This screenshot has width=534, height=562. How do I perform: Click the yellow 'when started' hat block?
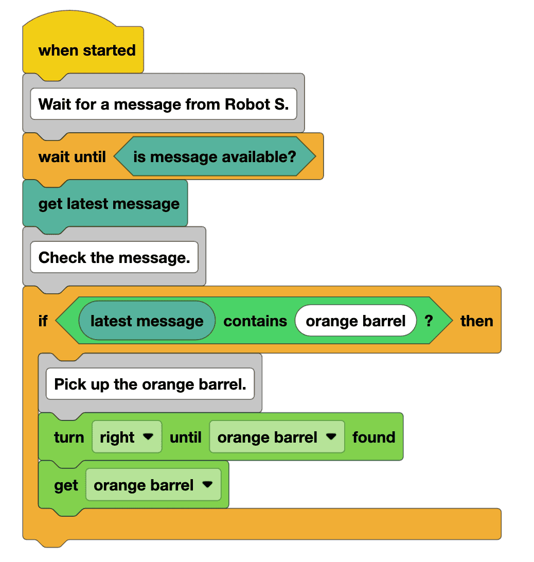(86, 50)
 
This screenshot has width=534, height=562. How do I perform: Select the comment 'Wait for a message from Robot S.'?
(163, 104)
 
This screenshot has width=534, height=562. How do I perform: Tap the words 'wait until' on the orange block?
(72, 156)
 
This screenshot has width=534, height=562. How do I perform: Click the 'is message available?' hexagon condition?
(214, 156)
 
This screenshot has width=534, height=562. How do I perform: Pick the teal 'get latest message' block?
(109, 204)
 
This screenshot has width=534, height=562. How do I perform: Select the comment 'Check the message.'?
(114, 257)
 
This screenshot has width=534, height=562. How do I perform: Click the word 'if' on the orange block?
(43, 321)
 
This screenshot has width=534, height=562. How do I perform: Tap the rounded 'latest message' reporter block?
(147, 321)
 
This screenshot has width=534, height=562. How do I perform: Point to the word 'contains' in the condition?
(255, 321)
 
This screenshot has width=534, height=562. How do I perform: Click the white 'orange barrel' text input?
(355, 321)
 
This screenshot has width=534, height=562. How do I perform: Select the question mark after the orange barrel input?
(429, 321)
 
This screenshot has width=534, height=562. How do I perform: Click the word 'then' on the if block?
(476, 321)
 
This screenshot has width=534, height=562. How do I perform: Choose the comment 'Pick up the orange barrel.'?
(150, 384)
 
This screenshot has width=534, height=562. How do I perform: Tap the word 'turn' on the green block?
(69, 437)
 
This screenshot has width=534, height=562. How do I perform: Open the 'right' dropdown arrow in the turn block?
(148, 437)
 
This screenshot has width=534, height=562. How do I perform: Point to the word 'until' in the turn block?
(186, 437)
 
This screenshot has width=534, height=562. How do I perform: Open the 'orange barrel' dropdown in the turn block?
(331, 437)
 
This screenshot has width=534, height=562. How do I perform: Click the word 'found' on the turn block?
(373, 437)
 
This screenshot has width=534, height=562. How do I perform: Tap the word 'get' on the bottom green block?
(66, 485)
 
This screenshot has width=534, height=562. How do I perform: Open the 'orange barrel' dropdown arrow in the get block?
(207, 485)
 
